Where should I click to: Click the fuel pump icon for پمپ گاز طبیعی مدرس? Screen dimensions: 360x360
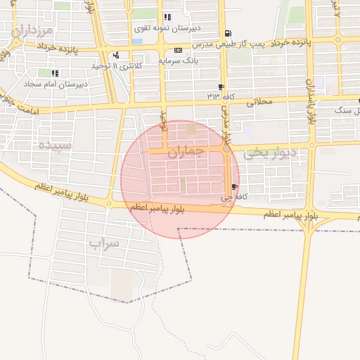point(226,33)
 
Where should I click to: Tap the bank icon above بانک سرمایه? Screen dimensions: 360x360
point(177,50)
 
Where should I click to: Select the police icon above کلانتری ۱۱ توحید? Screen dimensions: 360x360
point(115,55)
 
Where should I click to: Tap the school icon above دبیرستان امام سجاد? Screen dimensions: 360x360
point(55,72)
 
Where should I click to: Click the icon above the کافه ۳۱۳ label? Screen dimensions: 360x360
point(222,86)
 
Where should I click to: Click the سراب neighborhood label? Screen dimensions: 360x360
point(105,243)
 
